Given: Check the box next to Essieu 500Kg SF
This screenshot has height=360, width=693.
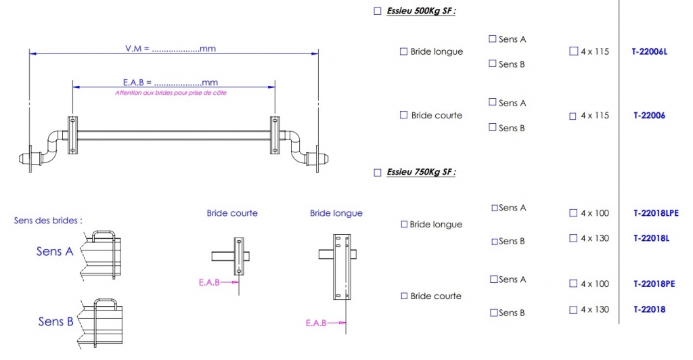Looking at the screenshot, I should click(378, 12).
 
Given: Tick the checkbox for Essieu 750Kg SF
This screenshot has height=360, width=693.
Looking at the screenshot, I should click(378, 173).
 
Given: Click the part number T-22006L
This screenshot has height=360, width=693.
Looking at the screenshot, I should click(649, 51).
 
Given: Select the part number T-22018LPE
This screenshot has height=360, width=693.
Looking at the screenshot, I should click(656, 213).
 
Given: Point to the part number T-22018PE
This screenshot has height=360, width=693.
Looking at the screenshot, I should click(654, 284).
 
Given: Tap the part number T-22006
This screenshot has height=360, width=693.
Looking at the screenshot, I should click(649, 116).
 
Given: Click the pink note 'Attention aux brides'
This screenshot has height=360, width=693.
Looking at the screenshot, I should click(171, 93).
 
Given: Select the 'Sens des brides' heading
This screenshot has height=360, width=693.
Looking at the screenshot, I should click(48, 221).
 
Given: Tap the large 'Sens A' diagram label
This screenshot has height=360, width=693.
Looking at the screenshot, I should click(55, 252).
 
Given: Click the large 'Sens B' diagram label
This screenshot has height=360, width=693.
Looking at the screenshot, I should click(55, 321).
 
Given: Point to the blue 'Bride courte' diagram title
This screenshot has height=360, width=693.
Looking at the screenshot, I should click(232, 213).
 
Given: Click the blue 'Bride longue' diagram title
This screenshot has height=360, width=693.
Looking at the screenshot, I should click(336, 213).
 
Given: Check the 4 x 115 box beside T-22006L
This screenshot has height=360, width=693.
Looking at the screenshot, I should click(574, 51).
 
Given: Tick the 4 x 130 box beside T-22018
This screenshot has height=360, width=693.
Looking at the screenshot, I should click(574, 309).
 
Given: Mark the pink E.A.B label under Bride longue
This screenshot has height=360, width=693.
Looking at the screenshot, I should click(316, 323).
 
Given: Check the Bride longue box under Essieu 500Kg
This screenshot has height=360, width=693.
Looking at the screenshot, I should click(404, 51).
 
